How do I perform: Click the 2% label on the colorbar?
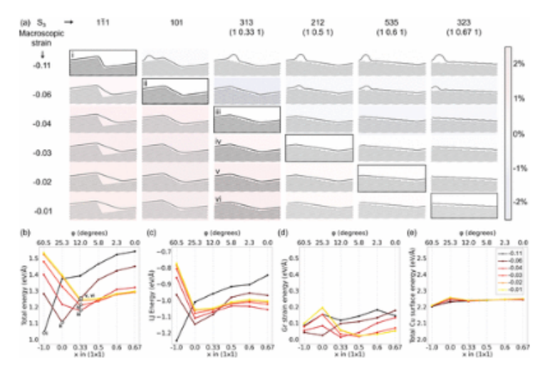pos(519,63)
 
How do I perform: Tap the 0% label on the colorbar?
pos(519,133)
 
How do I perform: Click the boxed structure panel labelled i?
pos(103,63)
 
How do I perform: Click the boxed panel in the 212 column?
pos(318,148)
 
